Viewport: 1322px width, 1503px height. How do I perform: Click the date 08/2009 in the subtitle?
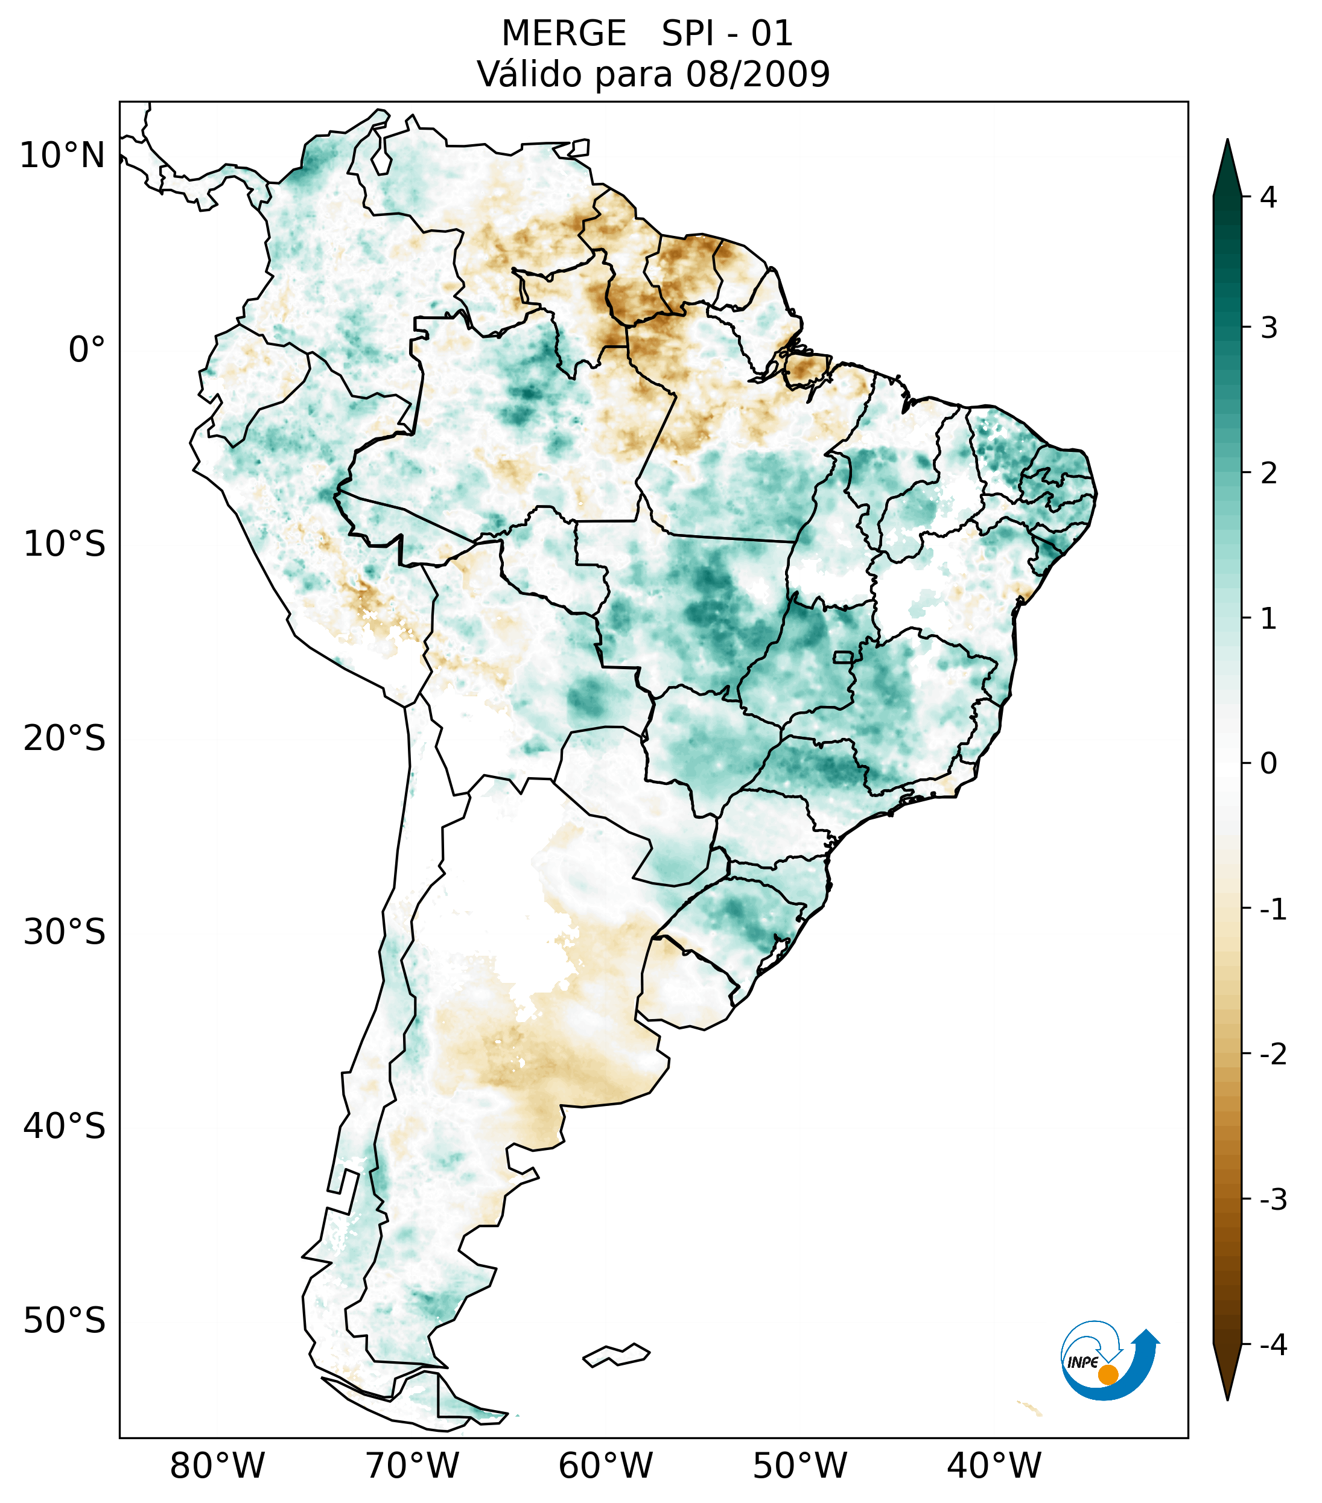[757, 74]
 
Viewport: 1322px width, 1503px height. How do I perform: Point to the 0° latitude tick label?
[87, 350]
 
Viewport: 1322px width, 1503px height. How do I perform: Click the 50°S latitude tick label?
[65, 1321]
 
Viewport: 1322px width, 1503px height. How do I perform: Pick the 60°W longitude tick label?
[605, 1466]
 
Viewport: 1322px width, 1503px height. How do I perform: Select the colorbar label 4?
[1268, 197]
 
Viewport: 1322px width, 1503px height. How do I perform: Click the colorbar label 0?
[1268, 764]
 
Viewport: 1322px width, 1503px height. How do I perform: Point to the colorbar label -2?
[1273, 1055]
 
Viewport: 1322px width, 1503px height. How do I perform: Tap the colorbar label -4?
[1273, 1345]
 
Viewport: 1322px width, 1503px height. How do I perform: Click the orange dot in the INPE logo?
[1107, 1374]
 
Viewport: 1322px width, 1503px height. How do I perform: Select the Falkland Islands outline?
[616, 1355]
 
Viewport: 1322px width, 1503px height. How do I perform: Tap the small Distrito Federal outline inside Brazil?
[844, 656]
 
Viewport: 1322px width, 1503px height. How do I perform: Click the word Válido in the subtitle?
[528, 74]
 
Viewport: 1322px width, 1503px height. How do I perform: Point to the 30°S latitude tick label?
[65, 932]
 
